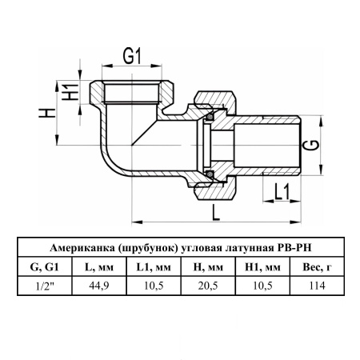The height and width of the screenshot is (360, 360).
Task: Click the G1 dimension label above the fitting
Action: [x=132, y=56]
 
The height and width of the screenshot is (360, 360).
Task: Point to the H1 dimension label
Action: [x=70, y=92]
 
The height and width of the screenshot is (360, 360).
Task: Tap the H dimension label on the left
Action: [x=47, y=113]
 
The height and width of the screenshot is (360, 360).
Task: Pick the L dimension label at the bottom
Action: [x=216, y=213]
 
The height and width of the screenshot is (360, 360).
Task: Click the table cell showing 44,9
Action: [x=99, y=286]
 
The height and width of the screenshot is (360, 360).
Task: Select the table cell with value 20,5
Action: [x=208, y=286]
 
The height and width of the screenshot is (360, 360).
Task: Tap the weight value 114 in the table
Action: [x=318, y=286]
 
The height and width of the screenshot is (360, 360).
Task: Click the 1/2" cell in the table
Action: [x=45, y=286]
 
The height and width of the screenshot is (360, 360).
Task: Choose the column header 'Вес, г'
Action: [x=318, y=267]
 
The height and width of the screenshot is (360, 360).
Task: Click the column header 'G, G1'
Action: [x=45, y=267]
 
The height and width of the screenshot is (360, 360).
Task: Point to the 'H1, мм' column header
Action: [x=262, y=267]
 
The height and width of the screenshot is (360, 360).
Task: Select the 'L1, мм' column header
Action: [x=154, y=267]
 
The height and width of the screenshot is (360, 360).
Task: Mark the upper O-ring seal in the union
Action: [x=210, y=117]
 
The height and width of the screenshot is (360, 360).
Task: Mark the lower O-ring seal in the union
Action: [x=210, y=174]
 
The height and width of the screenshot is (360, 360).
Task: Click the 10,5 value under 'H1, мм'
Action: [x=262, y=286]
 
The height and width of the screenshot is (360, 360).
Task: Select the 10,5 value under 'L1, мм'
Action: [x=154, y=286]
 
